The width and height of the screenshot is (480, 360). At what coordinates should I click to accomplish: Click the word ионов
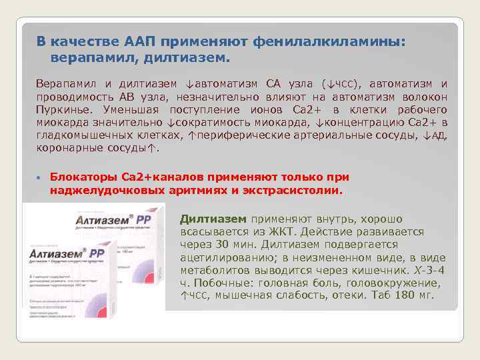click(271, 109)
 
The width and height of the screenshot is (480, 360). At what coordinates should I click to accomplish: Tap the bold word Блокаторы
click(84, 177)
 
